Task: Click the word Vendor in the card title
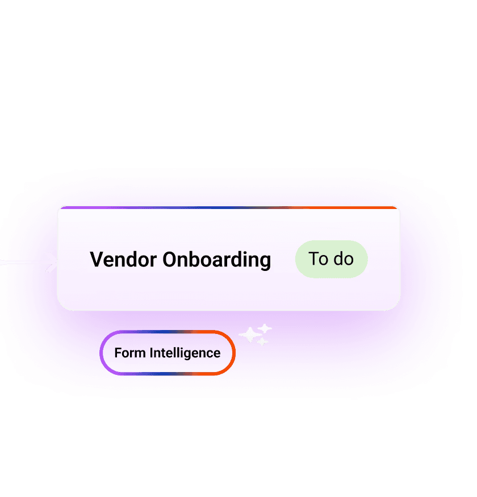click(x=123, y=260)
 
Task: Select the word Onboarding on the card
click(x=217, y=260)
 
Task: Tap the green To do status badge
click(x=332, y=259)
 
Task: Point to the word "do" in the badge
click(x=344, y=259)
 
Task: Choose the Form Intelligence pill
click(x=168, y=353)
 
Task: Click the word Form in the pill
click(x=129, y=353)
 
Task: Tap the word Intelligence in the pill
click(x=185, y=353)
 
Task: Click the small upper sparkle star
click(x=265, y=328)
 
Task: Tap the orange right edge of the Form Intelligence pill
click(x=233, y=353)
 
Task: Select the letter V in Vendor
click(x=96, y=260)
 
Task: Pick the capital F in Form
click(x=118, y=353)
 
